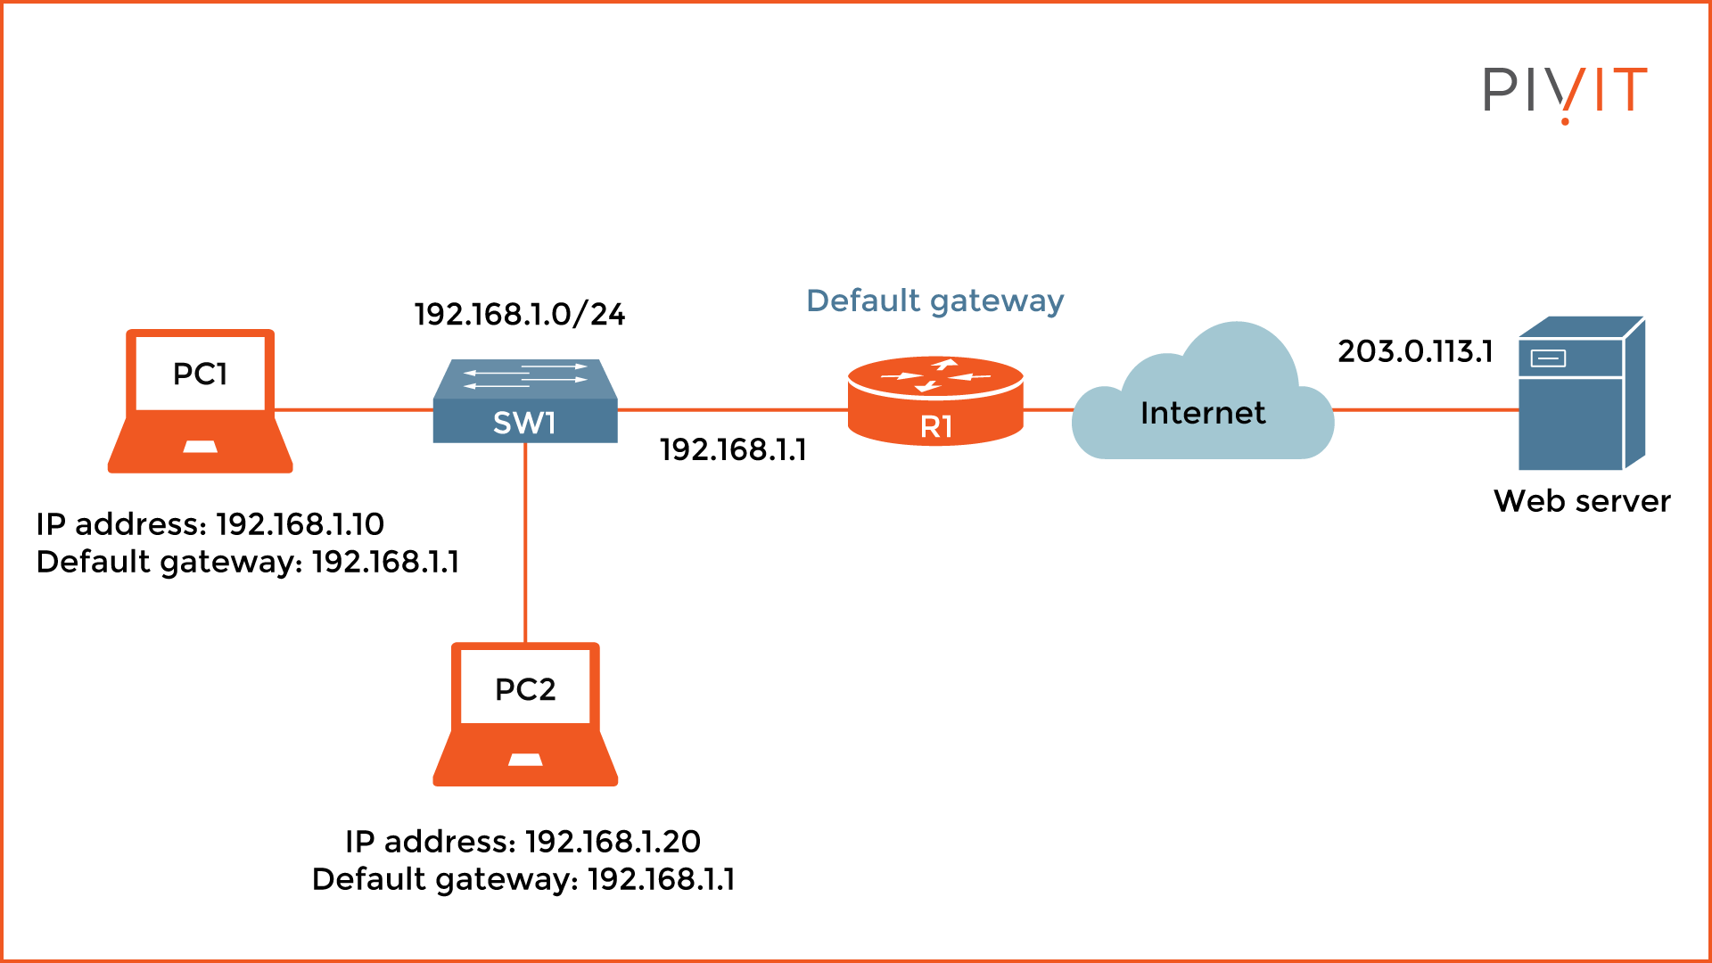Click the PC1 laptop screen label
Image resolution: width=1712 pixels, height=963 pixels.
[x=200, y=374]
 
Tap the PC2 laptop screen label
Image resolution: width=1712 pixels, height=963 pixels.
[x=525, y=689]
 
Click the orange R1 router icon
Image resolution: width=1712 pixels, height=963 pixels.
[x=935, y=402]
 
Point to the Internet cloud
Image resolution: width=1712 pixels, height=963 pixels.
[x=1202, y=412]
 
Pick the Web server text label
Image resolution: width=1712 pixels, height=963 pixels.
[x=1581, y=501]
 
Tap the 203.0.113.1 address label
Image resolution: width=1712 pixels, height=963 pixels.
[x=1415, y=351]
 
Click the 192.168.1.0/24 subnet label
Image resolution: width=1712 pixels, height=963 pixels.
[x=520, y=314]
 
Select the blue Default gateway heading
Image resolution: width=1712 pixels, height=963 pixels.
[x=934, y=301]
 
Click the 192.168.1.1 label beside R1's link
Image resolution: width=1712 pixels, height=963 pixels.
[x=733, y=449]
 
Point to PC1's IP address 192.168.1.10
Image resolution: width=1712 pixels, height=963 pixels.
[x=300, y=524]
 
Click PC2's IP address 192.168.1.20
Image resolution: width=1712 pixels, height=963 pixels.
[x=613, y=842]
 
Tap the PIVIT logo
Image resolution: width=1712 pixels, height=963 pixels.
[x=1564, y=92]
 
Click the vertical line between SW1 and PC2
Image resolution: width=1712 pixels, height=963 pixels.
[x=525, y=544]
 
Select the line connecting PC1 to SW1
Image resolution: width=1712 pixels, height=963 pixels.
[x=353, y=410]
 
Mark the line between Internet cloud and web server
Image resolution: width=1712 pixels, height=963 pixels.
[x=1425, y=410]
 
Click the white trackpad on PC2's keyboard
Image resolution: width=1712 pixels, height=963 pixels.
[x=525, y=760]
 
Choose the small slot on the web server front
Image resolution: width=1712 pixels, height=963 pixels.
[x=1548, y=358]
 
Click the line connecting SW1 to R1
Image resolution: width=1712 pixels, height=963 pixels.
[x=731, y=410]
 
